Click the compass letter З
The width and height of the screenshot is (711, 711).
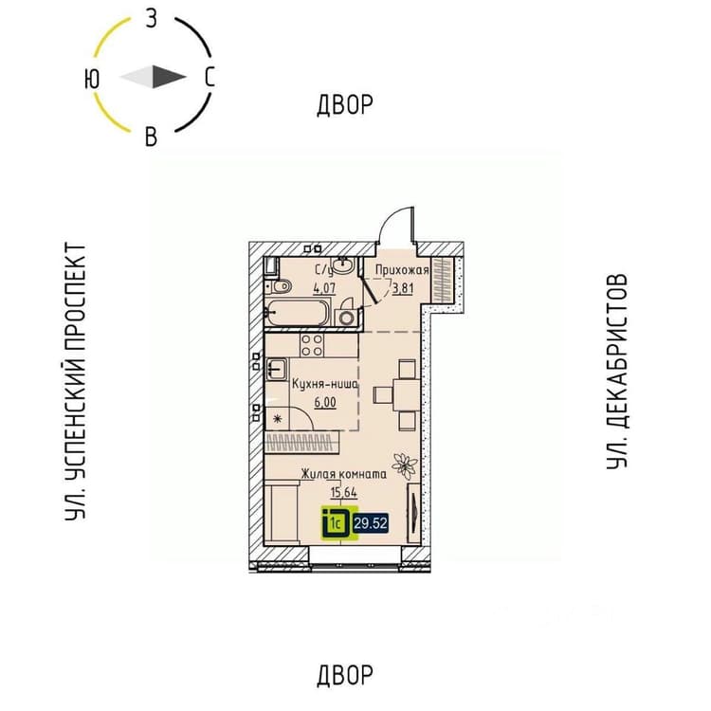[x=152, y=20]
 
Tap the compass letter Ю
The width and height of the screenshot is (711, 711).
[x=92, y=80]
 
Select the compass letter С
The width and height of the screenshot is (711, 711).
[x=210, y=77]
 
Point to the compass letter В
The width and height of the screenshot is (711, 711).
[x=151, y=136]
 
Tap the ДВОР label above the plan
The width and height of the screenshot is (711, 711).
[x=345, y=104]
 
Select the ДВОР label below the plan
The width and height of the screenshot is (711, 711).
[x=345, y=675]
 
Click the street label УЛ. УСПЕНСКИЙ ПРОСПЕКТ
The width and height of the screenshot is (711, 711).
[x=75, y=382]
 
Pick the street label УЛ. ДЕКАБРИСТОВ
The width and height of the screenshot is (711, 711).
[x=617, y=372]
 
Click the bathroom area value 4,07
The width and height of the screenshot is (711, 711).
[x=324, y=288]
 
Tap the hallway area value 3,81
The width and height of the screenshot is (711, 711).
[x=403, y=288]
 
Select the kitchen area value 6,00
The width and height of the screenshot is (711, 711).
[x=325, y=403]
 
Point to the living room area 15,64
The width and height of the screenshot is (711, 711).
[x=344, y=492]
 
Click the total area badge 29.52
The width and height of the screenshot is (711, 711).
[x=371, y=523]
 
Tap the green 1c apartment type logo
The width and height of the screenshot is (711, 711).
[x=339, y=523]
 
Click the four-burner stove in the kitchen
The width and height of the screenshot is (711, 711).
[x=312, y=345]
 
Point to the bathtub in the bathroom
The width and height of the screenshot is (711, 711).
[x=297, y=313]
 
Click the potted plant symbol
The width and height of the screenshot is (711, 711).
[x=405, y=465]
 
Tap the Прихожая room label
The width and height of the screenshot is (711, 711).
[x=402, y=270]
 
